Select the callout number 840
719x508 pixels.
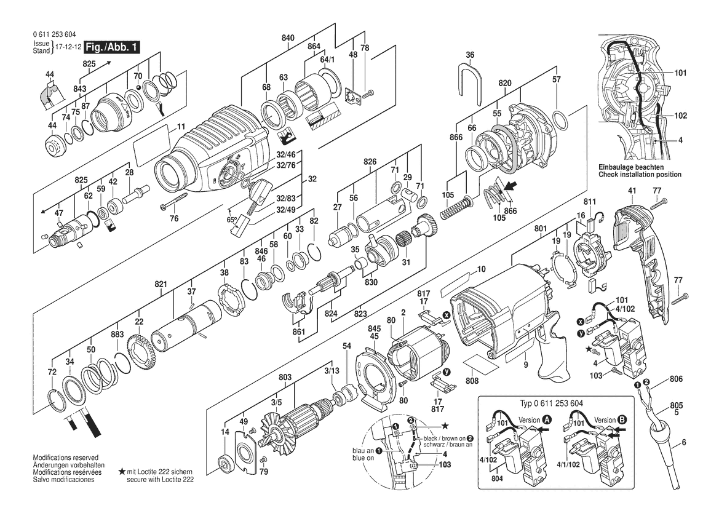288,38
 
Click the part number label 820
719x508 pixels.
504,83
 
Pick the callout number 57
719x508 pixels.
556,79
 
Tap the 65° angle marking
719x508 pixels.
232,220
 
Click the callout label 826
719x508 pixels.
370,161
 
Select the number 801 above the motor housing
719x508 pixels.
541,228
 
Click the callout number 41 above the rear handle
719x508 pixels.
632,189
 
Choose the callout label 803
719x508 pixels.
285,377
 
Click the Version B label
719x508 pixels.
611,419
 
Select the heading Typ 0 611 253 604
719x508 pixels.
552,403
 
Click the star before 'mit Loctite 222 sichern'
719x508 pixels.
122,471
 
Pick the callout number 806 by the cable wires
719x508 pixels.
677,379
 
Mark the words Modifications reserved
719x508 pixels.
66,458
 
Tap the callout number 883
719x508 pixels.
117,335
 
